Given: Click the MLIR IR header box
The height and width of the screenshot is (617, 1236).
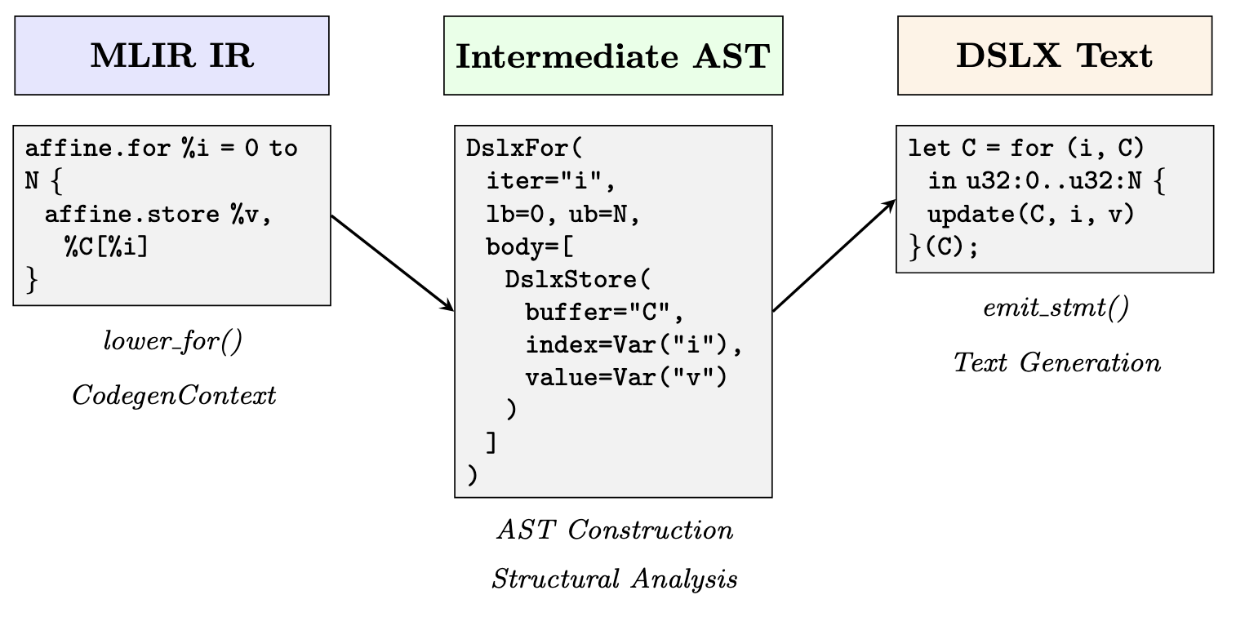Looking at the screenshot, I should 171,55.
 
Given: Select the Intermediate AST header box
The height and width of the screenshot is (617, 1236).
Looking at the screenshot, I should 612,55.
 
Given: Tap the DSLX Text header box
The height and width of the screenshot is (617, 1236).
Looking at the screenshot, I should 1054,55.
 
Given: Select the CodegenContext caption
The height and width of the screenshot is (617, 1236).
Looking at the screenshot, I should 174,395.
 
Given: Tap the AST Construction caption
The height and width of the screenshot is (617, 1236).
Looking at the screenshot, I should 614,530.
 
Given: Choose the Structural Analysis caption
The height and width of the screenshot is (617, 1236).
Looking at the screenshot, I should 614,579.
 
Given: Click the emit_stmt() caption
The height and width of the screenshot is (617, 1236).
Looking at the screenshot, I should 1056,309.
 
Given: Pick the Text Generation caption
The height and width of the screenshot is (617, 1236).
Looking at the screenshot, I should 1056,362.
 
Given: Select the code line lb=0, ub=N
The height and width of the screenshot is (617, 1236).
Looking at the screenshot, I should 562,214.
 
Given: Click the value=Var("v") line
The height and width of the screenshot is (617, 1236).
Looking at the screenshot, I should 625,377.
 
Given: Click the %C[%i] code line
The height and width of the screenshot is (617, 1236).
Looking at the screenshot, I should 107,246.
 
